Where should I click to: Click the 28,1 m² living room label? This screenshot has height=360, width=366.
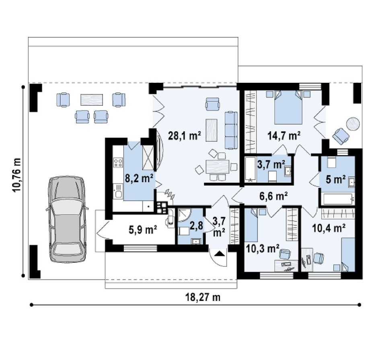tap(184, 135)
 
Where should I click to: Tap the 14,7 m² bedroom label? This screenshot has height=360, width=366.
tap(284, 135)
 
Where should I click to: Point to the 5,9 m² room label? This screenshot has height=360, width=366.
tap(143, 230)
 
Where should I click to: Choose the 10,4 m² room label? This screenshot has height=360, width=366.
tap(329, 228)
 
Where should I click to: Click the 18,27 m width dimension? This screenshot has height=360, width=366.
tap(203, 297)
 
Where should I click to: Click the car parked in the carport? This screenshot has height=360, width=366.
tap(67, 219)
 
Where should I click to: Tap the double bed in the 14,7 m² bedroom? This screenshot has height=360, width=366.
tap(288, 107)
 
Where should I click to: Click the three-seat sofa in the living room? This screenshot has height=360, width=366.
tap(231, 130)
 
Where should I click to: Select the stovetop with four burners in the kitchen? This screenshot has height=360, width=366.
tap(118, 162)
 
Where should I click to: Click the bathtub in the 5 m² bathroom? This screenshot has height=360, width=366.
tap(338, 199)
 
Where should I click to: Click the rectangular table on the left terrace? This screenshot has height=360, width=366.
tap(92, 100)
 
